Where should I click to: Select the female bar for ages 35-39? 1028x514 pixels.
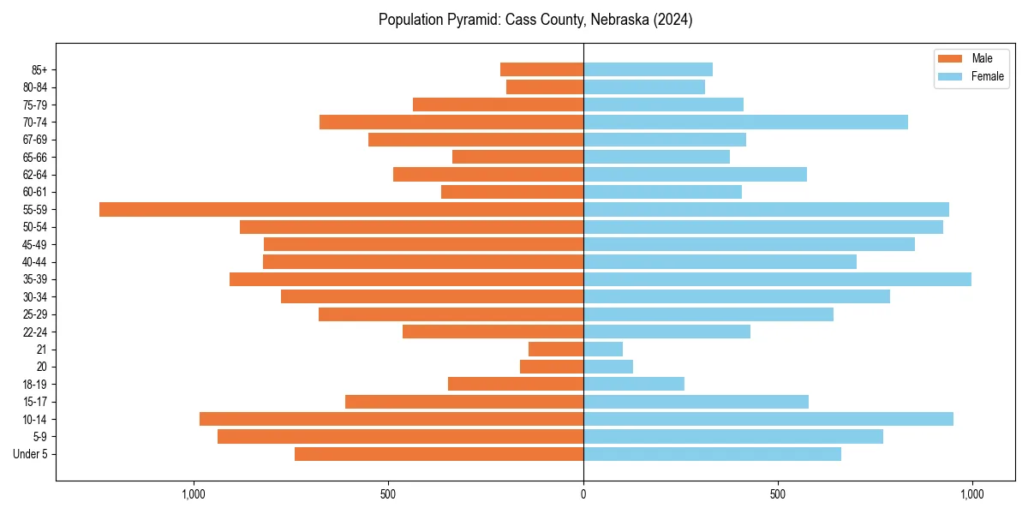pos(777,279)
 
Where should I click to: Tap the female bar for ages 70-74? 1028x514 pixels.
pos(745,123)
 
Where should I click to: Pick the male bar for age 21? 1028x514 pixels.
pos(556,350)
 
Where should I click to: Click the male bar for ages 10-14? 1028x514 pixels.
pos(391,419)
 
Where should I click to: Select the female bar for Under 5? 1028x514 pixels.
pos(712,454)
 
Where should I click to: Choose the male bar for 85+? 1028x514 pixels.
pos(541,69)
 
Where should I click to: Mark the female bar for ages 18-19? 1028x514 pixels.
pos(634,384)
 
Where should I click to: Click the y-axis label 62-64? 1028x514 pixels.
pos(35,175)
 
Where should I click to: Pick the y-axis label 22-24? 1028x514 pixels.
pos(35,332)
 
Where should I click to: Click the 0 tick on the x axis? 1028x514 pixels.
pos(583,494)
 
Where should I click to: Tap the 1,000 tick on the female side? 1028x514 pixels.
pos(971,494)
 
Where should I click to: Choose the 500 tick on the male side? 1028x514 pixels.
pos(388,494)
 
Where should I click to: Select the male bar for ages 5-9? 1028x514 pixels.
pos(400,437)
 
